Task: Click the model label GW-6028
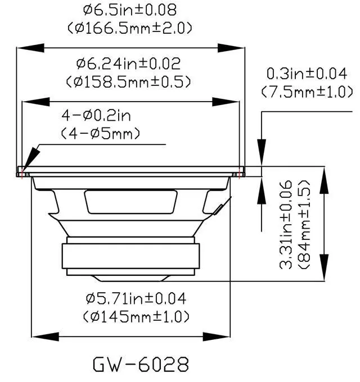pos(141,364)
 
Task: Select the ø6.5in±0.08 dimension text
pos(130,10)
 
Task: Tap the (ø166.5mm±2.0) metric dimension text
pos(130,28)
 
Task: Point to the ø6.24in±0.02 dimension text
pos(129,64)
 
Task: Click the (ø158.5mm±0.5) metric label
pos(129,81)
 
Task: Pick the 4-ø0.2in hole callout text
pos(96,116)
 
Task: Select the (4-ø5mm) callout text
pos(100,134)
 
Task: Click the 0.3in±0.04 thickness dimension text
pos(307,74)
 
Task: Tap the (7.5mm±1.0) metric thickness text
pos(307,92)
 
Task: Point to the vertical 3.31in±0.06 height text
pos(286,224)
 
